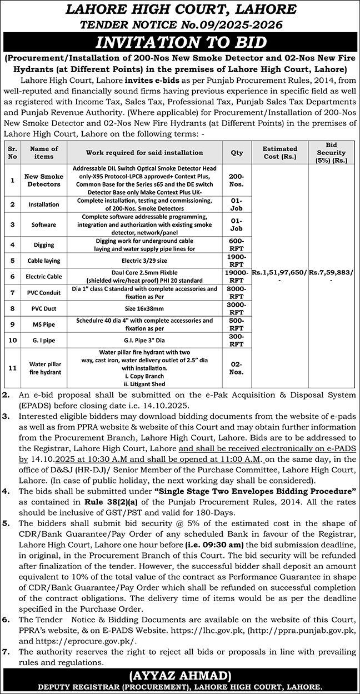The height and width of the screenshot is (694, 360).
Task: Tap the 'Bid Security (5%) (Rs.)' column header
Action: point(332,152)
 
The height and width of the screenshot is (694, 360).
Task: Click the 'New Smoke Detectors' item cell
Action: point(44,179)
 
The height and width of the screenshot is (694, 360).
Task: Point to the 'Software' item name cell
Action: point(44,224)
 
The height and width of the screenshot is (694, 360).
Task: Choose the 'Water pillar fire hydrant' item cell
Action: point(44,368)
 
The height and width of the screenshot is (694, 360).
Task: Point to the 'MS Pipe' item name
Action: point(44,323)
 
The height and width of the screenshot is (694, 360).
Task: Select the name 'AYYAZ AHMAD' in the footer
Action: point(180,676)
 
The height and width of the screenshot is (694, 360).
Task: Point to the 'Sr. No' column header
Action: point(12,152)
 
